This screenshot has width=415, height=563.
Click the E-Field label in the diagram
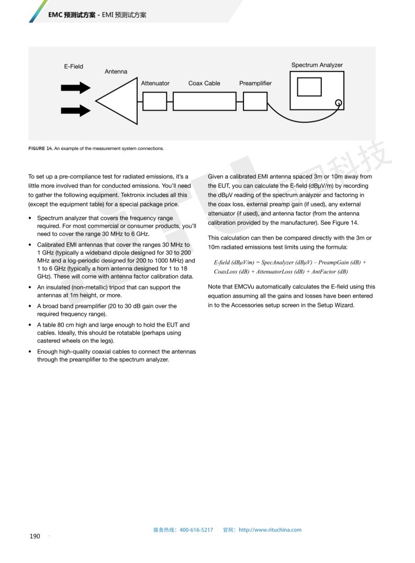click(x=73, y=66)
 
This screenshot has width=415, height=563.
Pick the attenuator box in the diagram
click(x=154, y=101)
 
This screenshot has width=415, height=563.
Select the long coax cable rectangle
click(x=204, y=101)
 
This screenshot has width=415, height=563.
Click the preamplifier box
click(x=255, y=101)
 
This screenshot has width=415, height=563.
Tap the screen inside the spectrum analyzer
click(x=309, y=87)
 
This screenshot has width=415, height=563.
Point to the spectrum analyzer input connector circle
click(x=339, y=102)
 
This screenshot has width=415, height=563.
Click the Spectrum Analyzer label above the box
click(x=317, y=65)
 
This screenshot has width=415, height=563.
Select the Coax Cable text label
click(x=204, y=83)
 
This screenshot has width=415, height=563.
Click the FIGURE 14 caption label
click(x=40, y=148)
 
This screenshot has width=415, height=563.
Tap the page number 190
click(x=35, y=536)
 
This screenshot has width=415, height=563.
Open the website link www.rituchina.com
click(x=270, y=530)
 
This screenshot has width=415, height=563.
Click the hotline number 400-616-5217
click(x=196, y=530)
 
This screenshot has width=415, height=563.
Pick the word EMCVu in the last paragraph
click(x=248, y=286)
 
